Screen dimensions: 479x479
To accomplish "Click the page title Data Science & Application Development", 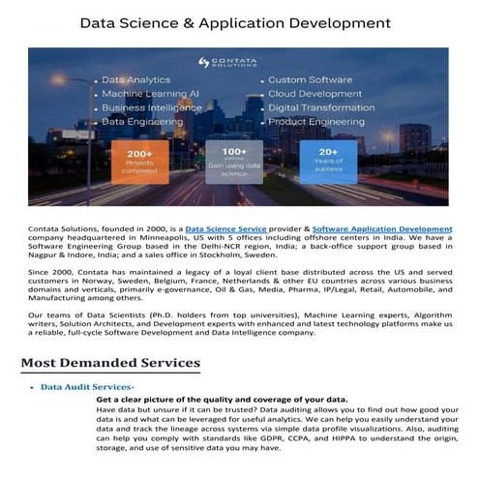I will pos(235,22).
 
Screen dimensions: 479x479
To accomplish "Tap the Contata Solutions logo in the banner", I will pos(229,62).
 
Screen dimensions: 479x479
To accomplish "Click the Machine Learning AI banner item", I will pos(150,94).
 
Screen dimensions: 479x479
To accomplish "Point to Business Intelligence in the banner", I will pos(151,108).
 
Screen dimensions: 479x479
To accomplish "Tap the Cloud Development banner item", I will pos(314,94).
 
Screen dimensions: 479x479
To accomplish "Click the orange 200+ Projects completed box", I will pos(139,162).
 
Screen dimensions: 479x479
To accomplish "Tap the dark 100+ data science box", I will pos(234,162).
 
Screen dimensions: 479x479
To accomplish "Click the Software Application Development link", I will pos(382,228).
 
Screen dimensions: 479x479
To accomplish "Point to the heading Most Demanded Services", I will pos(110,364).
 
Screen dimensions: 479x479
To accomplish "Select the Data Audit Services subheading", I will pos(87,387).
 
